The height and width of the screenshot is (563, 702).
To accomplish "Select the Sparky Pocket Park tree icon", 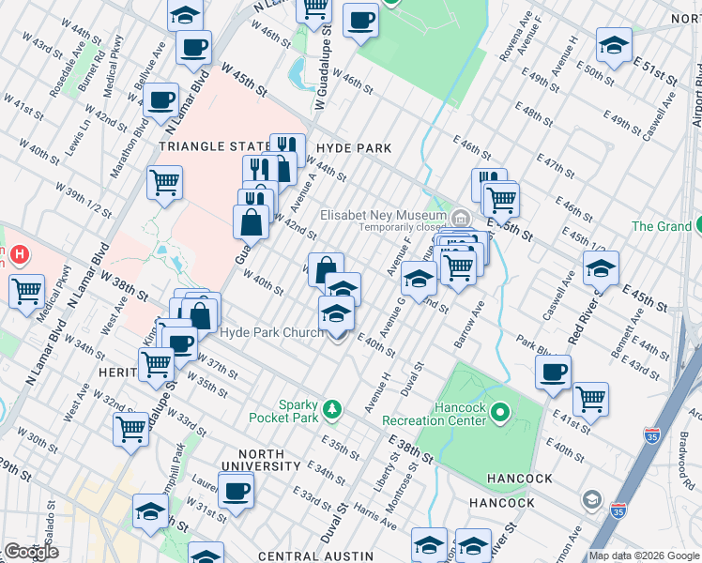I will pyautogui.click(x=331, y=408).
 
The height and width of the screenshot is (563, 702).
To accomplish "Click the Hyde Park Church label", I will pyautogui.click(x=272, y=333).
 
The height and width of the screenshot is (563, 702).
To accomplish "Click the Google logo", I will pyautogui.click(x=31, y=552).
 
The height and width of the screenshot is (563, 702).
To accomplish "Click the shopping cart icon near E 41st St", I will pyautogui.click(x=590, y=398).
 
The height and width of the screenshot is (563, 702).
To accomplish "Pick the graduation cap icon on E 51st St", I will pyautogui.click(x=614, y=46).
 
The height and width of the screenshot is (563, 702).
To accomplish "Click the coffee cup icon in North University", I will pyautogui.click(x=236, y=489).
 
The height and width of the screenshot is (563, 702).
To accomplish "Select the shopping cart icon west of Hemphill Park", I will pyautogui.click(x=131, y=428).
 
